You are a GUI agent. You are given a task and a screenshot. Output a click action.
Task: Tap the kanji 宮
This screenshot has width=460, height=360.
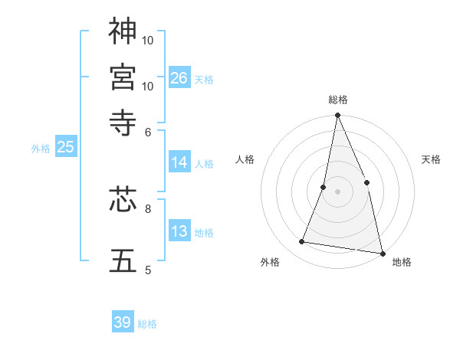click(x=123, y=77)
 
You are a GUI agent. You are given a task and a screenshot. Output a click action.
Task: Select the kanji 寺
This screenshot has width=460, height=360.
click(x=123, y=123)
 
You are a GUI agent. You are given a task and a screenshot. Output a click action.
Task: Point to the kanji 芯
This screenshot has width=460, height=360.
click(x=123, y=201)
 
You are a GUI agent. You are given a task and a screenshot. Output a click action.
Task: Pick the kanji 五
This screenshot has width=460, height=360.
click(x=123, y=260)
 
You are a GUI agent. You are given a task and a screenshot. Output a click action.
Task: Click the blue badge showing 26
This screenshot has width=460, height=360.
click(x=179, y=78)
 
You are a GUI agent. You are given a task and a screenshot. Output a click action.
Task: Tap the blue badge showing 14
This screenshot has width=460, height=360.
click(x=179, y=162)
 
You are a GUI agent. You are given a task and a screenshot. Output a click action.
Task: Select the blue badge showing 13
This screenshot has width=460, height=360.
click(x=179, y=232)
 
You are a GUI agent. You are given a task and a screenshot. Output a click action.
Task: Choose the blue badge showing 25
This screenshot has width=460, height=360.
click(x=65, y=148)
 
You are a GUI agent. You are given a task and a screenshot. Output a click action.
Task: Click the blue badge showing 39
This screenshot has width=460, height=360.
click(x=123, y=323)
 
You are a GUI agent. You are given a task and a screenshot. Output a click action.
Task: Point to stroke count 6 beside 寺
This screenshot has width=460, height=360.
click(x=149, y=132)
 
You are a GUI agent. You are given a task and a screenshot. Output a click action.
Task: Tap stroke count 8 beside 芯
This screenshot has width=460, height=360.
click(x=149, y=208)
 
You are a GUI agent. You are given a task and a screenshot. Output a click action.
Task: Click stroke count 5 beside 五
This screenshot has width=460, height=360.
click(x=149, y=270)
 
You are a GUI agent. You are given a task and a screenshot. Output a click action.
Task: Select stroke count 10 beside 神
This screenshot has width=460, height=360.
click(x=148, y=40)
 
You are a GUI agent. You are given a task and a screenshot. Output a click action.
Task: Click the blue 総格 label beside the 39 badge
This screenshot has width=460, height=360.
click(x=148, y=324)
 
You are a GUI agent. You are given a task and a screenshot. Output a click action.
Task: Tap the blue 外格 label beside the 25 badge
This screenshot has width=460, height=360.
click(x=41, y=149)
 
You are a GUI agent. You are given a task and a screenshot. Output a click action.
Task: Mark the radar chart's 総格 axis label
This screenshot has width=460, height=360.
click(x=338, y=100)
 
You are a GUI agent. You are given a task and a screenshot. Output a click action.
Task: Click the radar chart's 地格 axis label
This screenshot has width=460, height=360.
click(x=402, y=262)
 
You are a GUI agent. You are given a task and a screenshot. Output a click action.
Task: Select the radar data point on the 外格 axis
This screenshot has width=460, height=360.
click(x=302, y=242)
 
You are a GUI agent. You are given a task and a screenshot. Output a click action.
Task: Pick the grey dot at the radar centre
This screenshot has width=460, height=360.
click(x=337, y=191)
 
